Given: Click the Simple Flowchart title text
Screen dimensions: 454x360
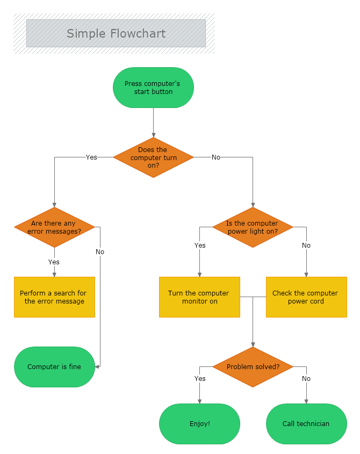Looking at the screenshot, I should pyautogui.click(x=116, y=33).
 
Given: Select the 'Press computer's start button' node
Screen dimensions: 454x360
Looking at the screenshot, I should pyautogui.click(x=153, y=88).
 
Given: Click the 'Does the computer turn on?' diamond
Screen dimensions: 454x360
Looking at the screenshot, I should pyautogui.click(x=153, y=157).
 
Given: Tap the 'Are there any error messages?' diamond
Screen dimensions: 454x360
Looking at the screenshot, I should pyautogui.click(x=54, y=227).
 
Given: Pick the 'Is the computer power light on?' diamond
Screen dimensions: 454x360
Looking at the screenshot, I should pyautogui.click(x=253, y=227).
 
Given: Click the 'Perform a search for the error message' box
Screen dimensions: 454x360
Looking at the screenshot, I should pyautogui.click(x=54, y=297).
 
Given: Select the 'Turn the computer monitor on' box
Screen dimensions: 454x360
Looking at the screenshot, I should pyautogui.click(x=199, y=297).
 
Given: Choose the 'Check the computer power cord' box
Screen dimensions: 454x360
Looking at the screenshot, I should pyautogui.click(x=306, y=297).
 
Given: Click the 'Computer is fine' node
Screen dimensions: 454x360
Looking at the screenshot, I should pyautogui.click(x=54, y=367).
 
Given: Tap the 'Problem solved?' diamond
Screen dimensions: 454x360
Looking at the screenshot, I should pyautogui.click(x=253, y=367).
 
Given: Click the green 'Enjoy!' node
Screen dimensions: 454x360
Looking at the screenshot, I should pyautogui.click(x=199, y=424).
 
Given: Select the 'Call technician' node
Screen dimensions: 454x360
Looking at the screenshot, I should pyautogui.click(x=306, y=424).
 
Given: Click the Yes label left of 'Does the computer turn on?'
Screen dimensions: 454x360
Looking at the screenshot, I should pyautogui.click(x=91, y=157).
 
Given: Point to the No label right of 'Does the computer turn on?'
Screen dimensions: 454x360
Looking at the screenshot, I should pyautogui.click(x=216, y=157).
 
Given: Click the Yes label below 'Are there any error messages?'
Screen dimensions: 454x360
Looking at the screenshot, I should pyautogui.click(x=54, y=262).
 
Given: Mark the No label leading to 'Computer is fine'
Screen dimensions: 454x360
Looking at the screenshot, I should pyautogui.click(x=100, y=252).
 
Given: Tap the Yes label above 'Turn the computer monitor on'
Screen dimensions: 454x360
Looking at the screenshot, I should pyautogui.click(x=200, y=246).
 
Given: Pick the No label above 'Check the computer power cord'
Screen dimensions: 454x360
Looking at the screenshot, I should pyautogui.click(x=306, y=246).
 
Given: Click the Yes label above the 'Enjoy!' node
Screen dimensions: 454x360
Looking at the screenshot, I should pyautogui.click(x=200, y=379).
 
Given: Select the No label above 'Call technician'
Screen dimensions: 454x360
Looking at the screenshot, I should pyautogui.click(x=306, y=379).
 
